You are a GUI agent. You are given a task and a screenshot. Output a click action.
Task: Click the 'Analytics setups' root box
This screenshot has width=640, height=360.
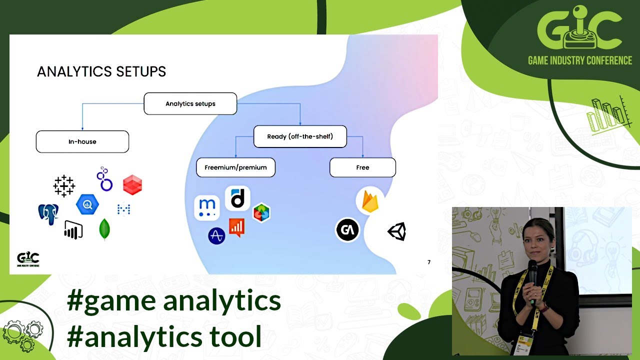pyautogui.click(x=190, y=104)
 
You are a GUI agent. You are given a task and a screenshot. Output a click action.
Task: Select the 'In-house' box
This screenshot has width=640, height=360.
pyautogui.click(x=82, y=142)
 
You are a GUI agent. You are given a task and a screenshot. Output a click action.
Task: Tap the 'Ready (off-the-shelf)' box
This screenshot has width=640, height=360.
pyautogui.click(x=300, y=136)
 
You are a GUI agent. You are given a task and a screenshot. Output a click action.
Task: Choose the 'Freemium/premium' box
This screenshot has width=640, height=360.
pyautogui.click(x=235, y=167)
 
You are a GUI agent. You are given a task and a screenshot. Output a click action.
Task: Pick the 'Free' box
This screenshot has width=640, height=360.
pyautogui.click(x=362, y=167)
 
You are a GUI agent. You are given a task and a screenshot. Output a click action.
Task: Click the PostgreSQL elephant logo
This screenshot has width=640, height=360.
pyautogui.click(x=48, y=213)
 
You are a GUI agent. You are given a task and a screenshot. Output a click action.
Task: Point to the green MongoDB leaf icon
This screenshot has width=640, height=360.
pyautogui.click(x=105, y=229)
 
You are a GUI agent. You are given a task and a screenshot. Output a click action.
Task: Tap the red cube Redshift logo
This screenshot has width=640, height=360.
pyautogui.click(x=132, y=184)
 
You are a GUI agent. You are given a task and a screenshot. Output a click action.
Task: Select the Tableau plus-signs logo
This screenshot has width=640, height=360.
pyautogui.click(x=64, y=186)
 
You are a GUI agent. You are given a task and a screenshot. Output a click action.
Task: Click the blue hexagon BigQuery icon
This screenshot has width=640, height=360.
pyautogui.click(x=87, y=204)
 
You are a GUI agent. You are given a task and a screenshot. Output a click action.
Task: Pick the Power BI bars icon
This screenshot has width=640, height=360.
pyautogui.click(x=73, y=230)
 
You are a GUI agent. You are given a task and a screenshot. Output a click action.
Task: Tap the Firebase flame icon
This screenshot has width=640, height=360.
pyautogui.click(x=370, y=201)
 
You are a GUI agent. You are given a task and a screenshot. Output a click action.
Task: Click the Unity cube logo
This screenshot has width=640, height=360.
pyautogui.click(x=397, y=231)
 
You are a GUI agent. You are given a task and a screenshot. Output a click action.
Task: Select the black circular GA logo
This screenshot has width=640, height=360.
pyautogui.click(x=347, y=230)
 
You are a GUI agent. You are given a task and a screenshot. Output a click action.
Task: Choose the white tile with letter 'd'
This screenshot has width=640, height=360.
pyautogui.click(x=237, y=198)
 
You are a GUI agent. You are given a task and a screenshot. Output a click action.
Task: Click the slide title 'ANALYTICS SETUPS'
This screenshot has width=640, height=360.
pyautogui.click(x=101, y=72)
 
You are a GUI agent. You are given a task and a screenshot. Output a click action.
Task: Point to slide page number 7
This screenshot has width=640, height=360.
pyautogui.click(x=428, y=262)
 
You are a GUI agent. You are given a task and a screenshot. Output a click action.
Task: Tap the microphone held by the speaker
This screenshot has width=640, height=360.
pyautogui.click(x=533, y=272)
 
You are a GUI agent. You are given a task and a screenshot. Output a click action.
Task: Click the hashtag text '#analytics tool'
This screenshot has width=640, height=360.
pyautogui.click(x=164, y=336)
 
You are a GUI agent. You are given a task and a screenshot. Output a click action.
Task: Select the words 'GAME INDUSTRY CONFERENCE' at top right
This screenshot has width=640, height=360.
pyautogui.click(x=580, y=60)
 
